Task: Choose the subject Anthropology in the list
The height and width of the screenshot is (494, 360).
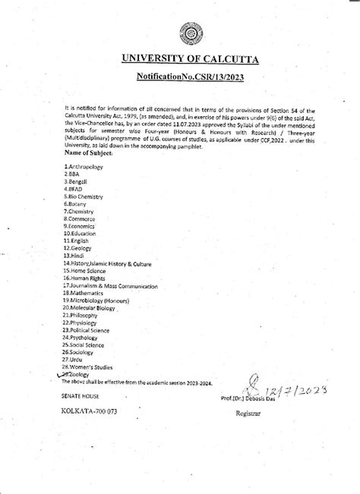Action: [84, 165]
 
